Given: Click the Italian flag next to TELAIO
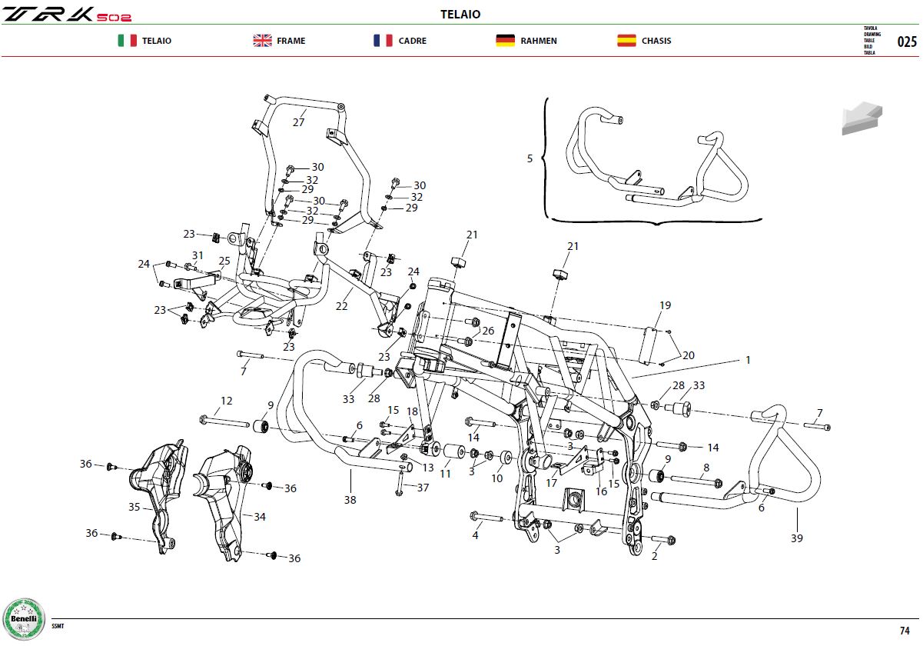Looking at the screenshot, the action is click(x=127, y=41).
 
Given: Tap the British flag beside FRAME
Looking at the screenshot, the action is click(x=263, y=41).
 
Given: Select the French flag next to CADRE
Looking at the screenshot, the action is click(x=383, y=41).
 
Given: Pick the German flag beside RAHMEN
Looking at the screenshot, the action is click(x=505, y=41).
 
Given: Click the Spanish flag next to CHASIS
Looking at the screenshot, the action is click(x=626, y=41).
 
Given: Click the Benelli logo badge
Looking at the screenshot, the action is click(x=24, y=619).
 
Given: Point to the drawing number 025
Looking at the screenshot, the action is click(x=907, y=42).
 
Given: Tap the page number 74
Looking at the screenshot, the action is click(x=905, y=631).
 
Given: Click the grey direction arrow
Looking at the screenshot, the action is click(x=862, y=118).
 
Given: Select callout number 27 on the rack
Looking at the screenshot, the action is click(x=298, y=122).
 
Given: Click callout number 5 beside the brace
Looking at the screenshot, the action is click(x=530, y=158).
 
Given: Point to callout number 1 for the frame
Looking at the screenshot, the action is click(x=748, y=360).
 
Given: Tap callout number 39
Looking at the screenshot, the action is click(x=796, y=538).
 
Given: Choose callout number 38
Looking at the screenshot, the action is click(x=350, y=500).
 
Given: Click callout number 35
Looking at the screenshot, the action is click(x=134, y=507).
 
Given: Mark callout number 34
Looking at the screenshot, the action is click(x=260, y=517).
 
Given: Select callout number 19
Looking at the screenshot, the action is click(x=665, y=305).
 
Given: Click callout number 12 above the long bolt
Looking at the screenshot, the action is click(x=226, y=401).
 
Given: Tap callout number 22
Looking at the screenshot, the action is click(x=341, y=306).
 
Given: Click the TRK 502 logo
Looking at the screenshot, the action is click(x=67, y=15).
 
